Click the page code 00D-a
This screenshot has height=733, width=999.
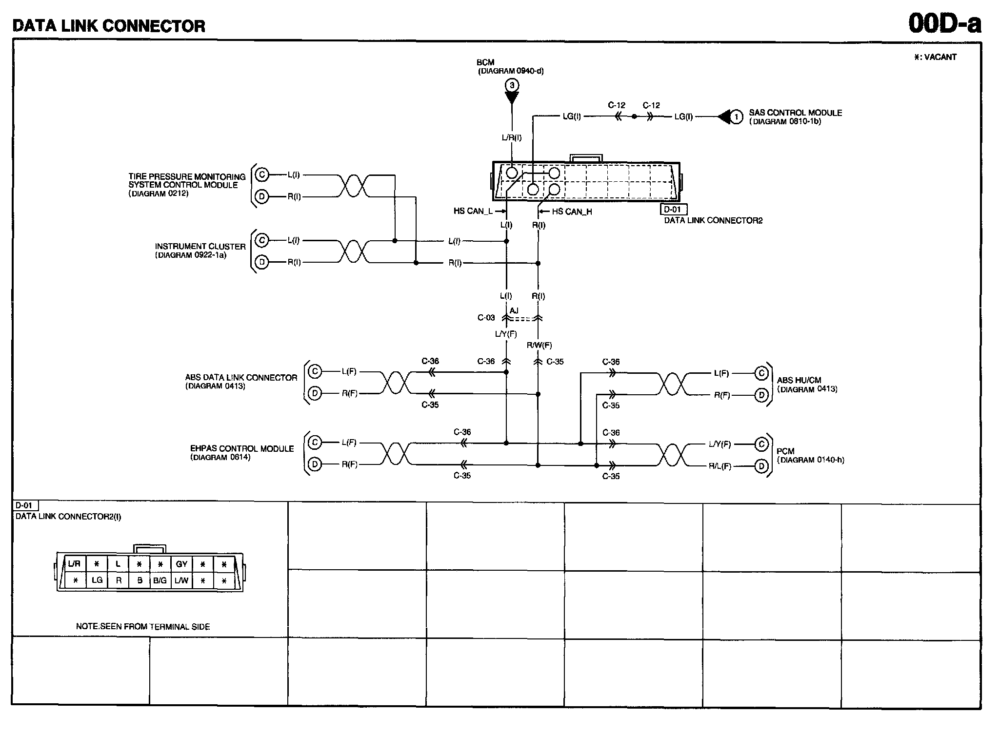tap(944, 23)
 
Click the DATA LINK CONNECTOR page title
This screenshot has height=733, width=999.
tap(109, 25)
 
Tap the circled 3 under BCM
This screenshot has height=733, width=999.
tap(512, 86)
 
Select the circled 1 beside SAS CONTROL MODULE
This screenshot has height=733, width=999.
tap(737, 116)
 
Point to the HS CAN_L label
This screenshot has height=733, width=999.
tap(473, 211)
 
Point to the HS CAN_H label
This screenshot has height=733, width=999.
tap(572, 212)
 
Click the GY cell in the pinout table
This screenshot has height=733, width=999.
tap(181, 564)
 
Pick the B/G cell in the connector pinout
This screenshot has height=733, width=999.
tap(160, 580)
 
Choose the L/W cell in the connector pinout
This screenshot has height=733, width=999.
tap(181, 580)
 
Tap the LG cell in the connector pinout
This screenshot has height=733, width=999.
tap(97, 580)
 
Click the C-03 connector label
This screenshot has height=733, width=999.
tap(486, 318)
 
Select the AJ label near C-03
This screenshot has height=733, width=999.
tap(514, 310)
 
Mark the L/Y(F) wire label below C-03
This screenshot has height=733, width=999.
tap(506, 334)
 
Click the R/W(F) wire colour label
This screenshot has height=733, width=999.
tap(539, 345)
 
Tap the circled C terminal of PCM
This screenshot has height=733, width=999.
tap(761, 444)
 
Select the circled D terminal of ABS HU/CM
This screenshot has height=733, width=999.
tap(761, 395)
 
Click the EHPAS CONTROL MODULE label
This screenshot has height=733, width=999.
tap(242, 448)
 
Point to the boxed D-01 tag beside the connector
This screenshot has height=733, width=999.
tap(673, 210)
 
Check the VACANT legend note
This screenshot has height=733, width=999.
tap(935, 57)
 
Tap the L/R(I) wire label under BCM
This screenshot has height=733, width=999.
tap(512, 137)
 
